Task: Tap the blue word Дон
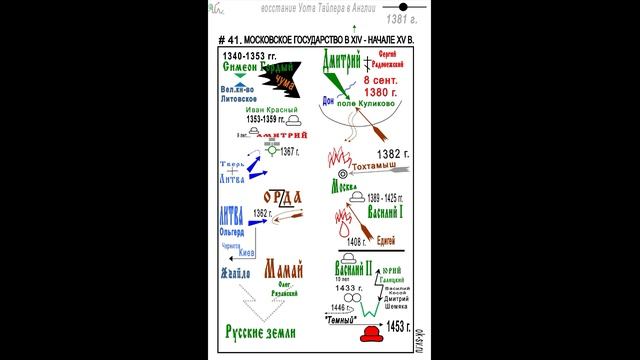pyautogui.click(x=330, y=101)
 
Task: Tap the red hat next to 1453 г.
pyautogui.click(x=372, y=333)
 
